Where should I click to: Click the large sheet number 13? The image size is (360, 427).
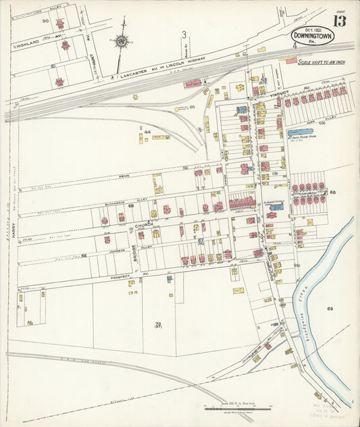[x=339, y=20]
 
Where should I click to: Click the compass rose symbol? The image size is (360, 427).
[x=122, y=43]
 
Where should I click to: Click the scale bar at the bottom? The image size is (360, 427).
[x=236, y=407]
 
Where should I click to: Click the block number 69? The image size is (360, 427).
[x=330, y=309]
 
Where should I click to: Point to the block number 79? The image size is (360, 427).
[x=158, y=324]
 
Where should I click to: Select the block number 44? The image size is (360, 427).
[x=147, y=132]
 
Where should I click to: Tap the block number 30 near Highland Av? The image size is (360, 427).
[x=45, y=21]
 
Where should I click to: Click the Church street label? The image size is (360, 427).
[x=143, y=224]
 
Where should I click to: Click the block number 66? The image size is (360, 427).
[x=84, y=255]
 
